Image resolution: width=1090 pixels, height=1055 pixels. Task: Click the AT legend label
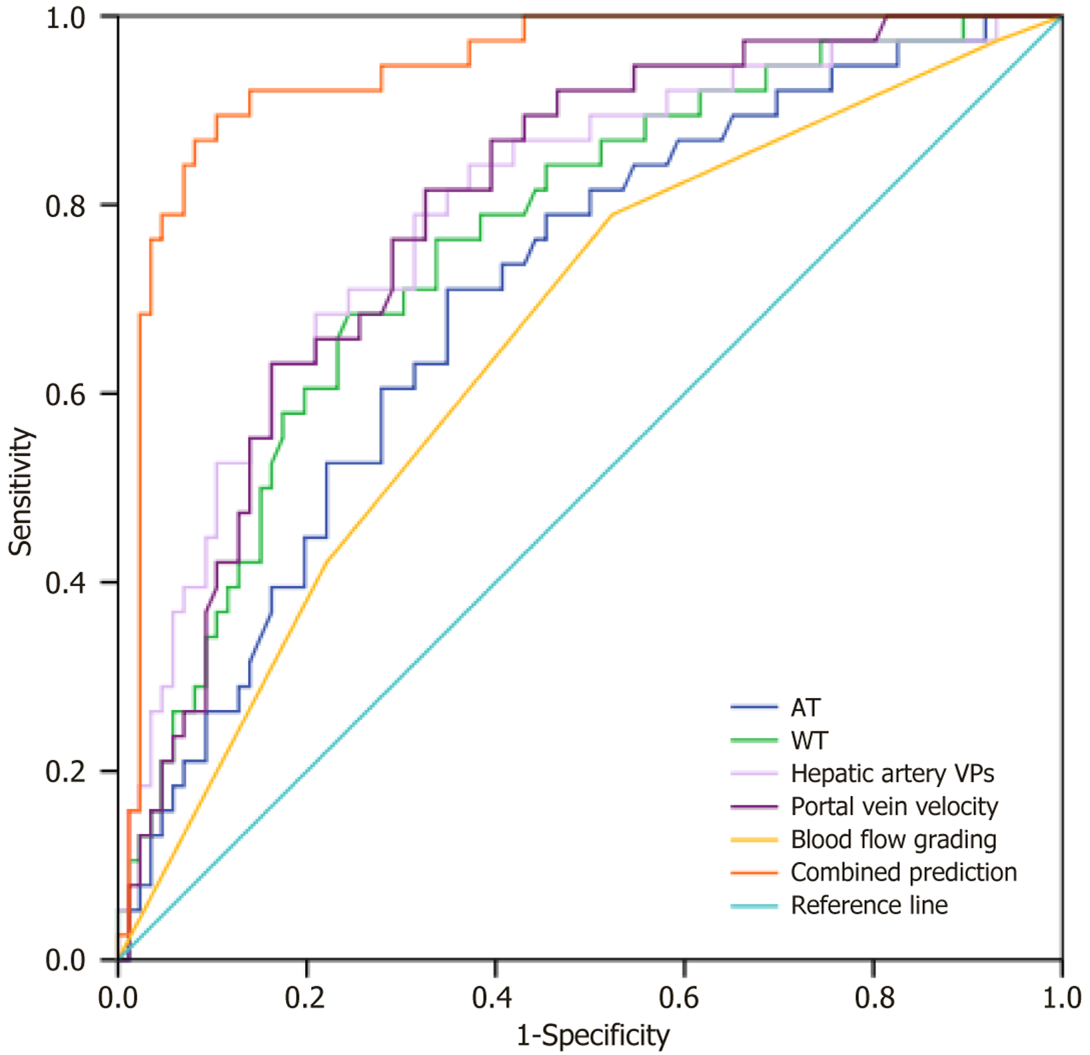[x=805, y=707]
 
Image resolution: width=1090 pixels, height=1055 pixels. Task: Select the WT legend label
[x=809, y=741]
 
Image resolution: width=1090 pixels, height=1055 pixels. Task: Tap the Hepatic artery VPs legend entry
[x=892, y=773]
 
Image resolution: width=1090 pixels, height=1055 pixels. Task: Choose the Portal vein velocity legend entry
[x=894, y=807]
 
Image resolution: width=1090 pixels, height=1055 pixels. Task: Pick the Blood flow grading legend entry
[x=893, y=839]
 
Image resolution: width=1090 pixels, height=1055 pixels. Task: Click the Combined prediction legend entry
[x=903, y=873]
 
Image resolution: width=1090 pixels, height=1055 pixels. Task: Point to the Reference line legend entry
[x=869, y=905]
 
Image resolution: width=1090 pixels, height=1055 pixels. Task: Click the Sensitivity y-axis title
[x=21, y=492]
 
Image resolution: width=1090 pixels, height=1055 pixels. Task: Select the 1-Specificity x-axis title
[x=593, y=1036]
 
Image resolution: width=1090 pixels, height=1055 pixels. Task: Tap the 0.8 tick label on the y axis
[x=66, y=206]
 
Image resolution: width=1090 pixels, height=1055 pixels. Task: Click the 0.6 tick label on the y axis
[x=66, y=394]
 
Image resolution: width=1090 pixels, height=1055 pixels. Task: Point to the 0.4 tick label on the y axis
[x=66, y=583]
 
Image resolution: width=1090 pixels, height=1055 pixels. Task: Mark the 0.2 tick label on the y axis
[x=66, y=771]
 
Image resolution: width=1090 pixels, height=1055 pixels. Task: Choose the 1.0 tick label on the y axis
[x=66, y=18]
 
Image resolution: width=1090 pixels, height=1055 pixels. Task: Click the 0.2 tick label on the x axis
[x=306, y=998]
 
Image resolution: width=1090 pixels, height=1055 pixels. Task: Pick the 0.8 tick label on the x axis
[x=873, y=998]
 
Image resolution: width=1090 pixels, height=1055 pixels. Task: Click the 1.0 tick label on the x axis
[x=1061, y=998]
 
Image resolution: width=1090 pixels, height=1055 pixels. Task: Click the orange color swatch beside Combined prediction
[x=754, y=873]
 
